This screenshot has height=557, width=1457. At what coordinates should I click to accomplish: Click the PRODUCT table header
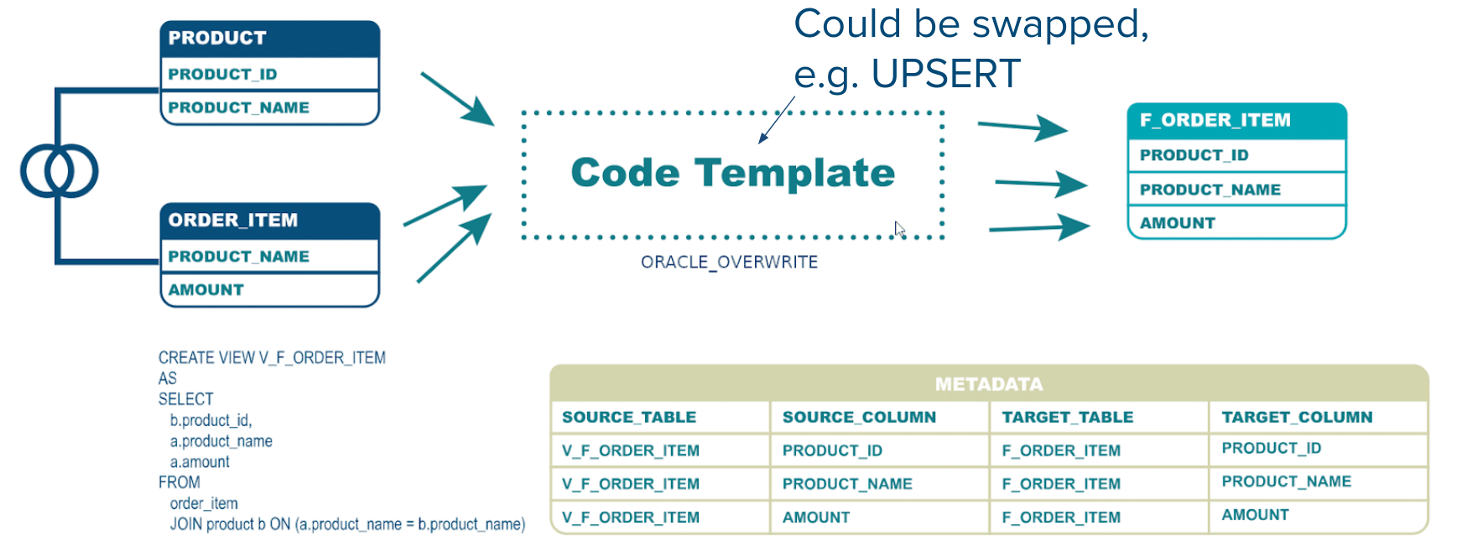click(269, 39)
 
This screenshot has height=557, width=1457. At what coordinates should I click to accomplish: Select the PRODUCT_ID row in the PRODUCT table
click(269, 74)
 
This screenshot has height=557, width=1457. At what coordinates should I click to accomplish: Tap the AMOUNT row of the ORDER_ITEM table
click(269, 289)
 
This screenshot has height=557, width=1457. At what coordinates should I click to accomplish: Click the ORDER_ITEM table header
click(269, 221)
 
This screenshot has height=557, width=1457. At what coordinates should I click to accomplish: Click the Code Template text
click(732, 173)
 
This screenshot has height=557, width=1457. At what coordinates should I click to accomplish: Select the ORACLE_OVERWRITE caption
click(729, 262)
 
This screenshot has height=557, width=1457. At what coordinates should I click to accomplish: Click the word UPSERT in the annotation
click(945, 74)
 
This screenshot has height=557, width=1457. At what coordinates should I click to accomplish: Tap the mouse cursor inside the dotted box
click(900, 229)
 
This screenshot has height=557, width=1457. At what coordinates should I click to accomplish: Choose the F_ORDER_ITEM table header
click(1236, 121)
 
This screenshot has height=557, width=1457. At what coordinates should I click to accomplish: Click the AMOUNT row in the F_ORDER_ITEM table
click(1236, 222)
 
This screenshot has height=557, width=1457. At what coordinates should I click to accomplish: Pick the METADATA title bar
click(989, 383)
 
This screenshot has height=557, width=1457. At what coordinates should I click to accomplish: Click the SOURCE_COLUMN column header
click(859, 417)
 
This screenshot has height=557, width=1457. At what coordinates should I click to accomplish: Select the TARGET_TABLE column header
click(1067, 417)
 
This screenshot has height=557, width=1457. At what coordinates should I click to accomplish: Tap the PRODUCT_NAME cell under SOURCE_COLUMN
click(847, 484)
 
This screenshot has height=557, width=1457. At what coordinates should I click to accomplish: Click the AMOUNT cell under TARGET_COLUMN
click(1255, 515)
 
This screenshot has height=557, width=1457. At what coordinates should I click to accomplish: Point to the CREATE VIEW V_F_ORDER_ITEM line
click(272, 357)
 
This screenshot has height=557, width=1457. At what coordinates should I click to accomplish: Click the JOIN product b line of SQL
click(347, 524)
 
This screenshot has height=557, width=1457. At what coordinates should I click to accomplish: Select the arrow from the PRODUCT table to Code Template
click(457, 99)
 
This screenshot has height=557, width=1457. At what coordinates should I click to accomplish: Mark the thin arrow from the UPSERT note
click(777, 119)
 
